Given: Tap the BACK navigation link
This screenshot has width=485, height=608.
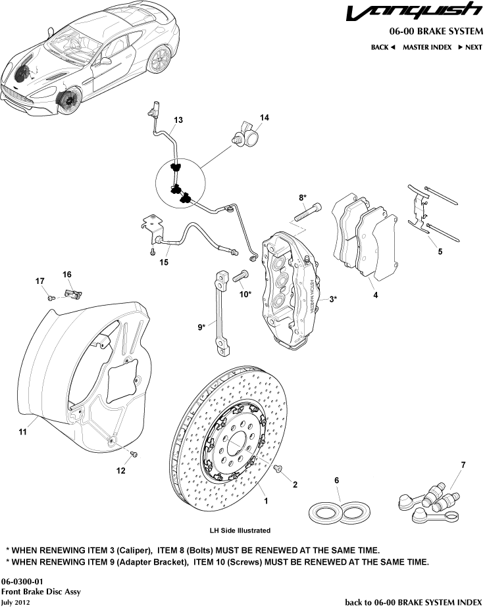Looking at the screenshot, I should click(382, 47).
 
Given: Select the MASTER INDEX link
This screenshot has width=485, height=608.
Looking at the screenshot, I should click(427, 47).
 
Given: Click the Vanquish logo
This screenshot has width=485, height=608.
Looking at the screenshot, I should click(415, 12).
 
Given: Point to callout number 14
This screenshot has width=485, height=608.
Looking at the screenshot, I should click(264, 118).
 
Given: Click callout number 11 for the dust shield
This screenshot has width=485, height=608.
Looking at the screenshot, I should click(22, 432).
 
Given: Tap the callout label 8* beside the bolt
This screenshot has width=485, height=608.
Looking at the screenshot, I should click(303, 197).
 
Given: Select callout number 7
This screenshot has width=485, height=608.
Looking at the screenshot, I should click(463, 465).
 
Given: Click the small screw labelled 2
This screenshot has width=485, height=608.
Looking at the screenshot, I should click(278, 468).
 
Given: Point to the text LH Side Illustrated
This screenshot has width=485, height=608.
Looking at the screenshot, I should click(240, 530).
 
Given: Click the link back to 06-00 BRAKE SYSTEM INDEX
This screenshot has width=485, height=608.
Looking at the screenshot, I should click(414, 601).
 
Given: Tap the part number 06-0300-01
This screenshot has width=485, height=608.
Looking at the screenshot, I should click(22, 582).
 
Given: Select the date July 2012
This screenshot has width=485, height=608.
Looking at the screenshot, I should click(16, 601).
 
